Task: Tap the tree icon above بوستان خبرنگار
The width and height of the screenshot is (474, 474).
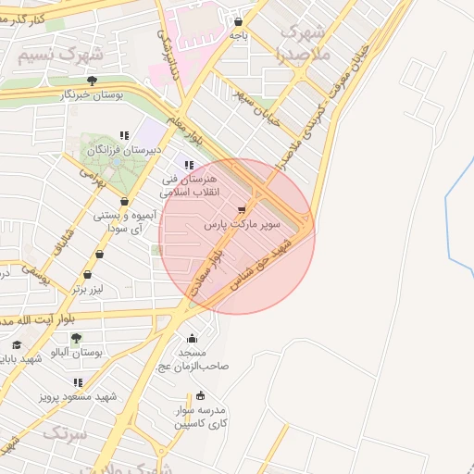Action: click(x=91, y=81)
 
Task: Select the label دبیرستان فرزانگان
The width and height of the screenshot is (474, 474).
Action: click(x=124, y=149)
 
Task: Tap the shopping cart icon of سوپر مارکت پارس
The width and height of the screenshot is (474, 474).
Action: click(x=243, y=210)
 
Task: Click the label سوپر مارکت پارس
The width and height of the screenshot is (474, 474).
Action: click(x=243, y=225)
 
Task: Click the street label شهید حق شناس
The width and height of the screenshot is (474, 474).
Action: click(x=275, y=263)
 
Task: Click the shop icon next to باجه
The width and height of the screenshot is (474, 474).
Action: click(x=239, y=21)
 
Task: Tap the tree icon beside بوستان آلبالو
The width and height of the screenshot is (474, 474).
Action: click(x=76, y=338)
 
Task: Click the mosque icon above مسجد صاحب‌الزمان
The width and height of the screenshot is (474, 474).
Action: click(x=192, y=339)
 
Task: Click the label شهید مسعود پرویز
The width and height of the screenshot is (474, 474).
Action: click(x=78, y=396)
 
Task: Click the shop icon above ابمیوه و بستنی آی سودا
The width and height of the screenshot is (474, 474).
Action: click(x=124, y=202)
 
